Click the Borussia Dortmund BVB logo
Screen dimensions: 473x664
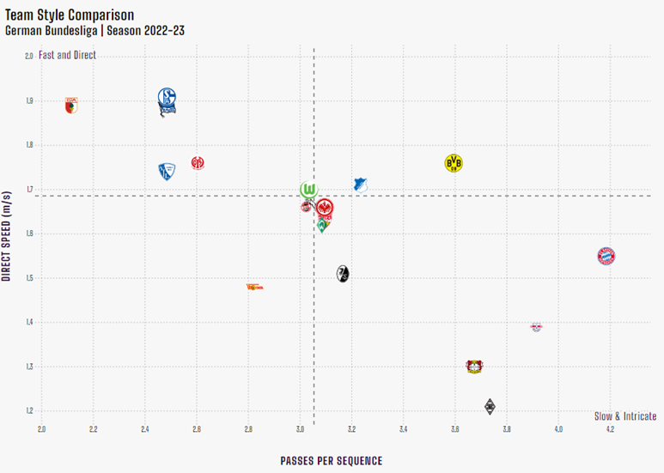click(454, 163)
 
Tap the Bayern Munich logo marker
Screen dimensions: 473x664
click(607, 256)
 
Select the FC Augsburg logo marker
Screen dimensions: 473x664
click(71, 106)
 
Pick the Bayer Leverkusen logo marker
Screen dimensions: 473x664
click(472, 367)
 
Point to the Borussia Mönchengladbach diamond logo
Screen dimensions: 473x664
click(490, 407)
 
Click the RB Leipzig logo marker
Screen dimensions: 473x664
click(536, 326)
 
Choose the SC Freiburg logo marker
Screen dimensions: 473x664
click(343, 274)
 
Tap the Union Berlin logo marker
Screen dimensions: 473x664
click(254, 288)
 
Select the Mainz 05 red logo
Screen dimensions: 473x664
click(198, 163)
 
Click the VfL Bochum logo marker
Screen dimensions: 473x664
click(166, 172)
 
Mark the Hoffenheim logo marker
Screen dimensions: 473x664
click(361, 185)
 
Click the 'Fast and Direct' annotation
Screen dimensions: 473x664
click(68, 55)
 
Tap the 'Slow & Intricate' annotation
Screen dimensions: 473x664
click(624, 416)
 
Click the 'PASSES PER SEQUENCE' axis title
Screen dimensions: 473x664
click(331, 460)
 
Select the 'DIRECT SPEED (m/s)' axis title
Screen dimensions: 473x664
click(7, 233)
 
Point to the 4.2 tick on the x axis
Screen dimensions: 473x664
click(609, 428)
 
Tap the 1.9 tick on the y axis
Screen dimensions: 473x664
click(28, 100)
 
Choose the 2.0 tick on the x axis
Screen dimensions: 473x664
click(41, 428)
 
